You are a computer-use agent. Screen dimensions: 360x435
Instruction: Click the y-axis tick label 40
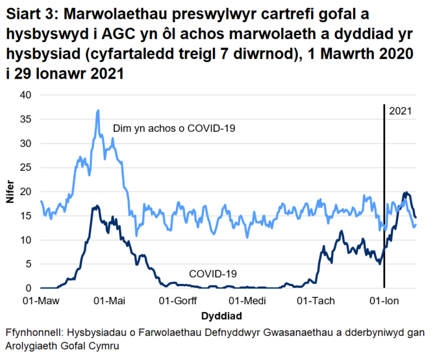(x=25, y=95)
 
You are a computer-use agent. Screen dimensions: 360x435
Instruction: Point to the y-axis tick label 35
(x=25, y=119)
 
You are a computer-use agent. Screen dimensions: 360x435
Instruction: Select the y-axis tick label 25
(x=25, y=168)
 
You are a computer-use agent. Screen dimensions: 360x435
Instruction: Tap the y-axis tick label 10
(x=25, y=240)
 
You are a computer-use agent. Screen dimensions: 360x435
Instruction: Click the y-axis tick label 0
(x=27, y=289)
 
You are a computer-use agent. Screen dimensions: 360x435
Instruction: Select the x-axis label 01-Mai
(x=109, y=302)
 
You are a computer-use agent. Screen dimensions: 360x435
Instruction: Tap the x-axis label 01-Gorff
(x=177, y=302)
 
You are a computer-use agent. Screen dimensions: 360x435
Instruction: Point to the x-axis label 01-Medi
(x=246, y=302)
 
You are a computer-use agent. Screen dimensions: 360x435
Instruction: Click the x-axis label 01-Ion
(x=383, y=302)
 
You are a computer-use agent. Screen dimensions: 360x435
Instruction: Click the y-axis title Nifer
(x=10, y=192)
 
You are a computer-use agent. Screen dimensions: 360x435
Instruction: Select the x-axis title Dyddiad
(x=222, y=316)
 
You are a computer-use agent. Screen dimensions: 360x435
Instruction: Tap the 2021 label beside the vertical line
(x=401, y=112)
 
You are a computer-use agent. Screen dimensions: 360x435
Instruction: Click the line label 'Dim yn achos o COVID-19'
(x=173, y=128)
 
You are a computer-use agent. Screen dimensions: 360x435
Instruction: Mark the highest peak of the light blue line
(x=98, y=110)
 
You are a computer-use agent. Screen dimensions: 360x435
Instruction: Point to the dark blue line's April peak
(x=96, y=207)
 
